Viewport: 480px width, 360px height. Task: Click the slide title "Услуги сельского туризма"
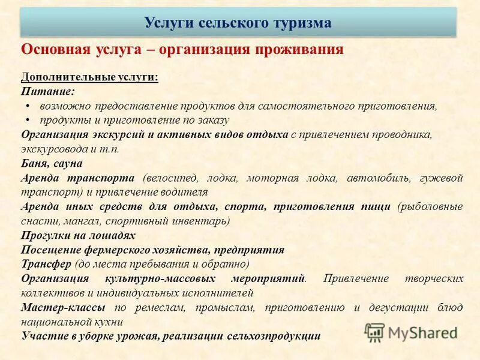[238, 23]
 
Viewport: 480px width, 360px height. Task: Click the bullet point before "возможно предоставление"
[27, 106]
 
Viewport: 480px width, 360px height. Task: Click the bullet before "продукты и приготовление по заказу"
[27, 119]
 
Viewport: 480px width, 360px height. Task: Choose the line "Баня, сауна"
[52, 163]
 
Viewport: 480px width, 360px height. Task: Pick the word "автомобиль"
[383, 178]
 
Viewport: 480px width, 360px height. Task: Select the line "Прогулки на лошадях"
[78, 235]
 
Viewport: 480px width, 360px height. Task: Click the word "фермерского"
[128, 250]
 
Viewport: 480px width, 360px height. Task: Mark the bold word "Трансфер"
[46, 264]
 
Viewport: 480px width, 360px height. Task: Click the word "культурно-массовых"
[161, 279]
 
